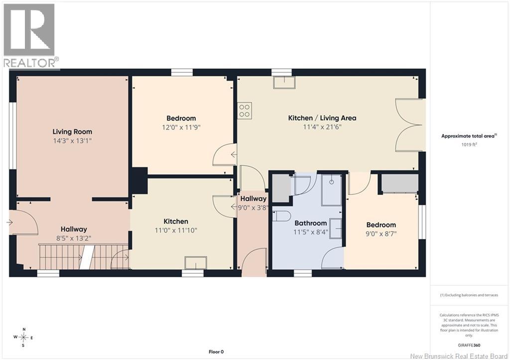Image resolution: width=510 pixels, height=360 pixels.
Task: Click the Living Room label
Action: click(72, 132)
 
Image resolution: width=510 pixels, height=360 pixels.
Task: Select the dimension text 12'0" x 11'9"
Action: click(181, 127)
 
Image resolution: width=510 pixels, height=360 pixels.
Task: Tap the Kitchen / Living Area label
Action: click(322, 118)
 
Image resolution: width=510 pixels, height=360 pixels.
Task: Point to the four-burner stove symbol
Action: click(244, 111)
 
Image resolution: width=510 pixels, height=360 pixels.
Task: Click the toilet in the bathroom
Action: click(281, 216)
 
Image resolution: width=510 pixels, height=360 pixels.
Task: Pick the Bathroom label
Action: click(311, 223)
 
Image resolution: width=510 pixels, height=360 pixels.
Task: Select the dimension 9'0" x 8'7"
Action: click(381, 234)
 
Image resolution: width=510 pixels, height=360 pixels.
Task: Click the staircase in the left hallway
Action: click(84, 257)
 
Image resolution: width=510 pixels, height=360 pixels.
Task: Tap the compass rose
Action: click(23, 338)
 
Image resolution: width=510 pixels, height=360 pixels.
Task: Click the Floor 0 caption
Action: click(216, 352)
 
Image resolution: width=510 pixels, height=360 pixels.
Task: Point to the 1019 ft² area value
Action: click(469, 144)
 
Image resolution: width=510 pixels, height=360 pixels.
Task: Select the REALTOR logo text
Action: click(29, 63)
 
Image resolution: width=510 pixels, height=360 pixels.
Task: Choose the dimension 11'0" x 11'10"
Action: click(176, 231)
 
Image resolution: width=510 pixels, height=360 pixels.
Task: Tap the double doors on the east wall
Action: click(410, 125)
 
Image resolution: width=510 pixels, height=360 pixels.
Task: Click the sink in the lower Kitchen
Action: click(196, 263)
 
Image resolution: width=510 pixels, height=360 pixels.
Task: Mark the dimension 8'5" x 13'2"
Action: click(74, 239)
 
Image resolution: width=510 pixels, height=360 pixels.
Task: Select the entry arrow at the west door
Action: click(9, 223)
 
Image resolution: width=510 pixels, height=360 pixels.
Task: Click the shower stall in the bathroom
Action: click(331, 190)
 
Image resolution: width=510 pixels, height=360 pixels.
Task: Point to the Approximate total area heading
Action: click(469, 136)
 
